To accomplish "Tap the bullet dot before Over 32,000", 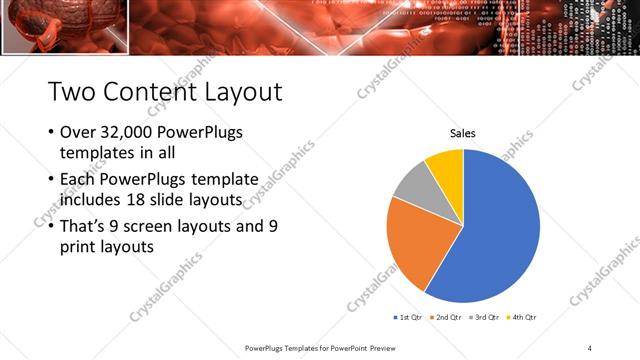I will point(51,133).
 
